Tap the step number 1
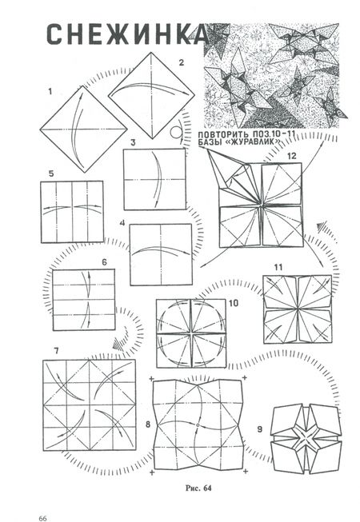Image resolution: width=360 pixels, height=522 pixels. [x=50, y=91]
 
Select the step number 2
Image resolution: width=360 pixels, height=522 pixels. [x=181, y=62]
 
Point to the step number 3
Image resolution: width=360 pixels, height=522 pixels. [x=134, y=142]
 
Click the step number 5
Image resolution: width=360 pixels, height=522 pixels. [x=51, y=173]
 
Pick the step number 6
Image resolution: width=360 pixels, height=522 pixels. [x=105, y=262]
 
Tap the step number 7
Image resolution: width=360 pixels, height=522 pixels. [x=56, y=351]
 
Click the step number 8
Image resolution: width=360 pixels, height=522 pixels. [x=148, y=424]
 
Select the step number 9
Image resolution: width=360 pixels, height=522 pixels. [x=260, y=429]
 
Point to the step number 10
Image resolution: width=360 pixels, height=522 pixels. [x=234, y=303]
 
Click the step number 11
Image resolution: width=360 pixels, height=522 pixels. [x=278, y=267]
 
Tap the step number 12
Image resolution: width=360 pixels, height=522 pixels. [x=291, y=156]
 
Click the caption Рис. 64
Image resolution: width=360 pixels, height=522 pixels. [x=198, y=488]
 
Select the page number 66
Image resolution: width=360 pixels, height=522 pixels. [x=42, y=518]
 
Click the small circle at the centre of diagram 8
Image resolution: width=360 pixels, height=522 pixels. [x=198, y=425]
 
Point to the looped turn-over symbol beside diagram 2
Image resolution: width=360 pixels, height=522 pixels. [x=177, y=131]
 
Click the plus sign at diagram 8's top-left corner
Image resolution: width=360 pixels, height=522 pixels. [x=152, y=379]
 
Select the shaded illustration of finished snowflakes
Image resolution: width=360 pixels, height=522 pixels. [x=271, y=76]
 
